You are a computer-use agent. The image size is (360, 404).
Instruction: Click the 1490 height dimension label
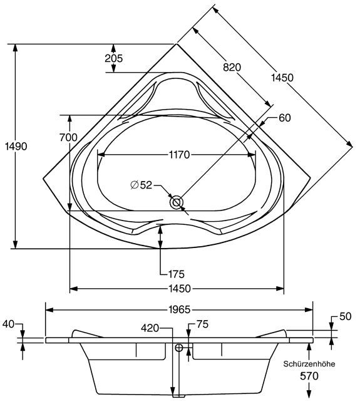(x=16, y=147)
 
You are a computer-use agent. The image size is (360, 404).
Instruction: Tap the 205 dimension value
(x=113, y=58)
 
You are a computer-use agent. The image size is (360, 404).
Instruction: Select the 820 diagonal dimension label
(x=232, y=67)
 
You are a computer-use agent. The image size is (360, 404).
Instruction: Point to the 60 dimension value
(x=285, y=118)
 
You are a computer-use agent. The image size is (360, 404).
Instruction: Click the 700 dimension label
(x=68, y=137)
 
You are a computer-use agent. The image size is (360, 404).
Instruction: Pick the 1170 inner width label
(x=180, y=155)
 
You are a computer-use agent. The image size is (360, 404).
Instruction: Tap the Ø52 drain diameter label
(x=141, y=185)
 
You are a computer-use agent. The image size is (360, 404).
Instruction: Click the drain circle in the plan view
(x=177, y=202)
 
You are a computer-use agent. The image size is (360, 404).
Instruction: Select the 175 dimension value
(x=176, y=274)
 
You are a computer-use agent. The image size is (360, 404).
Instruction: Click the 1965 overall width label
(x=180, y=309)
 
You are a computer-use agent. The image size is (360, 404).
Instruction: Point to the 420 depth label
(x=150, y=328)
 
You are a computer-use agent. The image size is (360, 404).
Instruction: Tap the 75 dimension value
(x=202, y=324)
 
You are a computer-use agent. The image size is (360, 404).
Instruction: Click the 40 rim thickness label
(x=8, y=324)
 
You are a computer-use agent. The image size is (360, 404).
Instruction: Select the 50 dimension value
(x=346, y=316)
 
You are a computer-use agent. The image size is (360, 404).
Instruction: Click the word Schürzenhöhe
(x=309, y=364)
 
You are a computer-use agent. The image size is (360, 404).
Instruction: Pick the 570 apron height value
(x=309, y=376)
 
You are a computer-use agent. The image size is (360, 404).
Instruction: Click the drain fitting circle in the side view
(x=178, y=348)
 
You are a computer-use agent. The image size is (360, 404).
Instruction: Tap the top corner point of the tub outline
(x=177, y=44)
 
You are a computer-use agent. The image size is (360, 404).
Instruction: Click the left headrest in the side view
(x=86, y=334)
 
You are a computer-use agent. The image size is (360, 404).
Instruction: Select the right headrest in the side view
(x=272, y=334)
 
